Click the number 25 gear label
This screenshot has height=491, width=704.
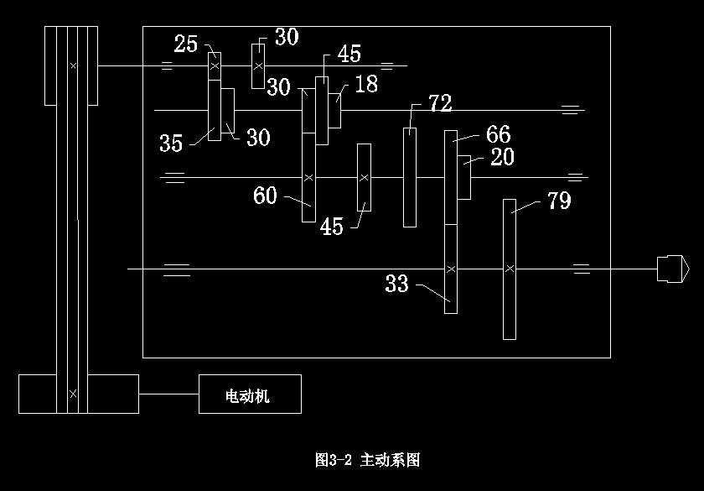click(x=186, y=43)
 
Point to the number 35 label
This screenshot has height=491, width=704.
click(x=171, y=144)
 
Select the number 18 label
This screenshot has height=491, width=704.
click(x=366, y=84)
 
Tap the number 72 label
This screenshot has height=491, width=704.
click(x=440, y=104)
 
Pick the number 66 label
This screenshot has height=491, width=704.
click(x=498, y=134)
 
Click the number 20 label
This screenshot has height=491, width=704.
click(x=502, y=157)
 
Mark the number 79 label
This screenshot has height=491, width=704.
click(x=559, y=201)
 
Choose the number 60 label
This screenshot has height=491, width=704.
click(x=265, y=196)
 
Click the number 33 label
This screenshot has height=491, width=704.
click(x=397, y=284)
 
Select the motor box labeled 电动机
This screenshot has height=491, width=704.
click(x=250, y=394)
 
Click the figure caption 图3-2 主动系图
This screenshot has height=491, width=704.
click(x=367, y=460)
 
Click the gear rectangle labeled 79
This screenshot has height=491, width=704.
click(x=510, y=269)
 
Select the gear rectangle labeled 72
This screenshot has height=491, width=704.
click(x=410, y=177)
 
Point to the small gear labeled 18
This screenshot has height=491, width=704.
click(x=334, y=109)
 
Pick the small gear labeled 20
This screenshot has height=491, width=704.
click(x=463, y=178)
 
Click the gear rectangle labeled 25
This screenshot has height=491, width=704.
click(x=215, y=66)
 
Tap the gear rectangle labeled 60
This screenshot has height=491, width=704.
click(x=308, y=176)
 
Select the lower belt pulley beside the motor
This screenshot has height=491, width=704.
click(x=78, y=394)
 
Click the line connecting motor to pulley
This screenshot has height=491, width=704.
click(x=168, y=394)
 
